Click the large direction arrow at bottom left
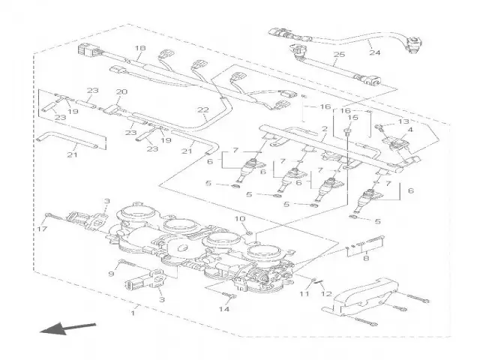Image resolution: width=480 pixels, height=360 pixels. click(68, 328)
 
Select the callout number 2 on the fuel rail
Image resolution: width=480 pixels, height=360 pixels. click(324, 129)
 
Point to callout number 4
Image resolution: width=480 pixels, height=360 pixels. click(410, 130)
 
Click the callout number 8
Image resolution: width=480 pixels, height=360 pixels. click(365, 259)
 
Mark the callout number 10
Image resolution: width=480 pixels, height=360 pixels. click(241, 219)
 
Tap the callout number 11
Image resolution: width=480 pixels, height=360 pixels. click(304, 295)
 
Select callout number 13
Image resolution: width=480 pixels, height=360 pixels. click(403, 121)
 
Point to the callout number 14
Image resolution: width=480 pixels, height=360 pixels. click(223, 309)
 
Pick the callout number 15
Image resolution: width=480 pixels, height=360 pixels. click(352, 117)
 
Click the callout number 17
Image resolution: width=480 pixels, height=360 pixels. click(43, 229)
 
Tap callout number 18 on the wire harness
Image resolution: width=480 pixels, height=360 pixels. click(138, 49)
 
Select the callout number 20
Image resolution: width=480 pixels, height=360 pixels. click(121, 92)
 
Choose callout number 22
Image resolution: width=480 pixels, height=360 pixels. click(202, 110)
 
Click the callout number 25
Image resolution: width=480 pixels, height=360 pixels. click(338, 55)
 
